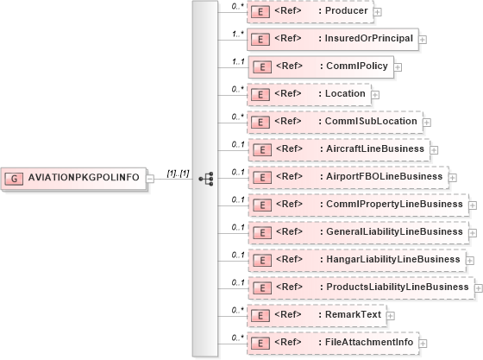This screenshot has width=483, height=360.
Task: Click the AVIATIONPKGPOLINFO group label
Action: (x=85, y=177)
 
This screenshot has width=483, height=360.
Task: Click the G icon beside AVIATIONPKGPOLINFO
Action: (x=15, y=177)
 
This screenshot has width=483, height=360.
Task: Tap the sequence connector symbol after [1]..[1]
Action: (x=205, y=179)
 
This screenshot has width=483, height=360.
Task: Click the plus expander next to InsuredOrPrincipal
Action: (x=423, y=40)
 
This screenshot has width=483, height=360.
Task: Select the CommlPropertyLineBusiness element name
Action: (x=391, y=205)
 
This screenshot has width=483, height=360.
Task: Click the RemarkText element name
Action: (x=351, y=314)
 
